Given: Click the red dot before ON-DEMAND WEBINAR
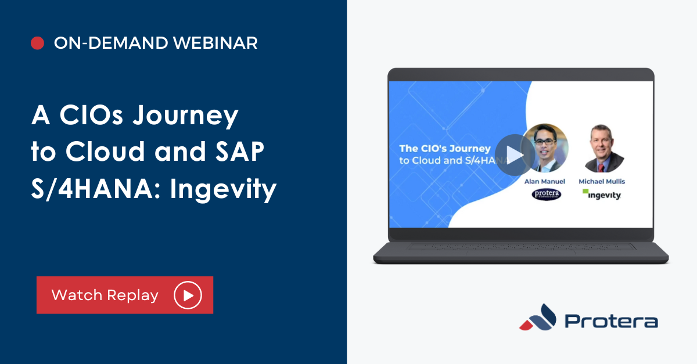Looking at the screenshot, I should click(x=37, y=43).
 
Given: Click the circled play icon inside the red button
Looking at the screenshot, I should click(x=188, y=295).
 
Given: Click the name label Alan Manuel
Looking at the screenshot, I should click(x=545, y=181).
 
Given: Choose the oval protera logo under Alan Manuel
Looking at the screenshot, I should click(x=547, y=194).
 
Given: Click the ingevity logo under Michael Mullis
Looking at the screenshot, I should click(x=602, y=194).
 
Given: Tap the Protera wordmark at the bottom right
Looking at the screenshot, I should click(x=611, y=322).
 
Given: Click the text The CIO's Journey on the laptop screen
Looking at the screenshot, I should click(x=444, y=148).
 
